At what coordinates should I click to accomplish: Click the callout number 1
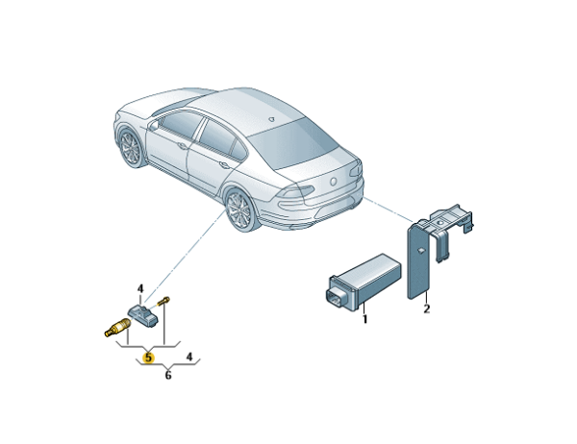pos(364,319)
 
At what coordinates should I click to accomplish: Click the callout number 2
pos(426,308)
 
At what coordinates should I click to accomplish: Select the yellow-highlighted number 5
pos(148,357)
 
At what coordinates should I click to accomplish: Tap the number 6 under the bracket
pos(168,375)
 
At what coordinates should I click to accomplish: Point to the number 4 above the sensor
pos(140,289)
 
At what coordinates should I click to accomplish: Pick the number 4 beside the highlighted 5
pos(189,357)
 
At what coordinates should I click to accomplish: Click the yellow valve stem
pos(117,328)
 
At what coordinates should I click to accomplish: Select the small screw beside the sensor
pos(163,301)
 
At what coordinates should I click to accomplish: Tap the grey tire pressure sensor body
pos(143,315)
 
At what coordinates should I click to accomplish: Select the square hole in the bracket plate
pos(421,251)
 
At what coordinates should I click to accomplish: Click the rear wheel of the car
pos(239,210)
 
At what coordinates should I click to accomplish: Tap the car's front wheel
pos(132,148)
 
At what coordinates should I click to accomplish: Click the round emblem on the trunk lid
pos(334,182)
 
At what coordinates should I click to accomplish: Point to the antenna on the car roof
pos(271,119)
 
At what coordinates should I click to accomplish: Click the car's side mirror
pos(153,125)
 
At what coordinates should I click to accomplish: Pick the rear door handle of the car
pos(224,164)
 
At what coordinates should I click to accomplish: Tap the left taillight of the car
pos(295,192)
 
